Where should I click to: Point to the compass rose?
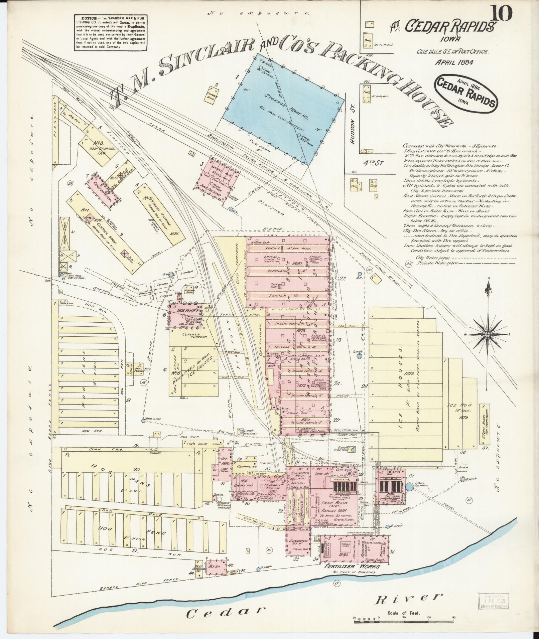click(488, 334)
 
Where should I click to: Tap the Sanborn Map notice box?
click(111, 32)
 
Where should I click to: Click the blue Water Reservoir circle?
click(410, 486)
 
